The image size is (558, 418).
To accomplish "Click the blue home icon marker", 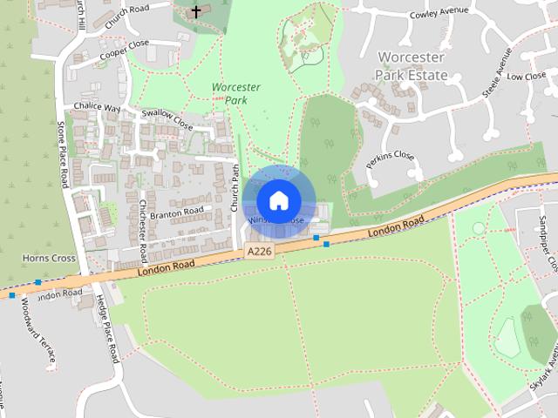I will (x=278, y=201).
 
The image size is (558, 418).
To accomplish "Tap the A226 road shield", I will (x=258, y=251).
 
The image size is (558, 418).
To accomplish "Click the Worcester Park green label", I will (x=235, y=94).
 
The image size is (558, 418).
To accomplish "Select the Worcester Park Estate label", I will (x=411, y=66).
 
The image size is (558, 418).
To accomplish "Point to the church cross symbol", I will (x=196, y=11).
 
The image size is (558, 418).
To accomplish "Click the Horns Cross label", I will (x=50, y=259).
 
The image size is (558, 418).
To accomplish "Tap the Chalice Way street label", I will (x=98, y=107).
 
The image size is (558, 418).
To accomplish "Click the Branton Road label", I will (x=176, y=212).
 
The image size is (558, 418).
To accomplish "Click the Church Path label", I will (x=235, y=188).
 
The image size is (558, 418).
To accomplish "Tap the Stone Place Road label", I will (x=63, y=155).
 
